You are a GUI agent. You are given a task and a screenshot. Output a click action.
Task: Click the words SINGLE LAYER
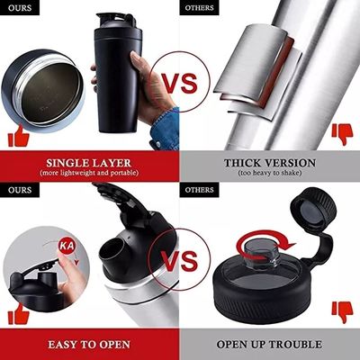coord(89,163)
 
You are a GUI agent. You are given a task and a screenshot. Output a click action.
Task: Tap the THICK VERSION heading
coord(270,163)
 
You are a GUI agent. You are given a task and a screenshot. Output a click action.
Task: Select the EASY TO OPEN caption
coord(89,344)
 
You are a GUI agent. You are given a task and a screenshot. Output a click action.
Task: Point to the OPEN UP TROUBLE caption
coord(269,344)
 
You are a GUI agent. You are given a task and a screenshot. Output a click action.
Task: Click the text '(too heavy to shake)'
coord(270,173)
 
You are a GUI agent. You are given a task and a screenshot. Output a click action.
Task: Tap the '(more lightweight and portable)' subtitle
coord(89,173)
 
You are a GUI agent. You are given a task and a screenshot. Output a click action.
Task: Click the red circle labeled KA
coord(67,246)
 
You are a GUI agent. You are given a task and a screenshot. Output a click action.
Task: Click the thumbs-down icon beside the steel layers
coord(342,134)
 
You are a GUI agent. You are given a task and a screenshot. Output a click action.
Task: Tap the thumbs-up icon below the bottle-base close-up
coord(19,136)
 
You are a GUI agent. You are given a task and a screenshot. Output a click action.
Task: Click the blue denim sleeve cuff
coord(165,129)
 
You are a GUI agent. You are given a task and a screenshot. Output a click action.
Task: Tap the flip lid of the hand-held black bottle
coord(116,21)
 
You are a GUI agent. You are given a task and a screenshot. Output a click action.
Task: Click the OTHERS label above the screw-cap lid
coord(199,190)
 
